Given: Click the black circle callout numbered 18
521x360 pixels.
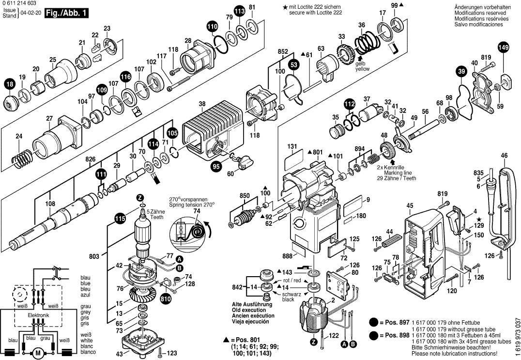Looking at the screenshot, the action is (10, 84).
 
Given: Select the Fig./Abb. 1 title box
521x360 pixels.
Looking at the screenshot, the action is (66, 14).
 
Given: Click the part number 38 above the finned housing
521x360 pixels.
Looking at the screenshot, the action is (202, 104).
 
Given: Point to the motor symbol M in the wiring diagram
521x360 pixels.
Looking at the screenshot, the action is (38, 352).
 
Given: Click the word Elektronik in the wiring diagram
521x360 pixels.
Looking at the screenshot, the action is (38, 315).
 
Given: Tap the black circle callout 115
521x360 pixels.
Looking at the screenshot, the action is (120, 219).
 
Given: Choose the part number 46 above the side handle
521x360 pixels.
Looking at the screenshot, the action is (505, 155).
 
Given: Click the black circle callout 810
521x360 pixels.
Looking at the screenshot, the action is (165, 299).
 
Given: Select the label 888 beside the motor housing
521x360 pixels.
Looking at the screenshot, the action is (288, 256).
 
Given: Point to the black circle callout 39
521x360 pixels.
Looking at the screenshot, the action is (461, 72).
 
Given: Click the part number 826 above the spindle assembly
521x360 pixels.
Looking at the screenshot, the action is (91, 159).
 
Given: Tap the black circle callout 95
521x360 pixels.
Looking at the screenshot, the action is (216, 166).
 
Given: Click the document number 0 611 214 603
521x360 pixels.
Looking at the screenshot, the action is (18, 3).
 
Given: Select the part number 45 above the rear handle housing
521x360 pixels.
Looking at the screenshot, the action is (410, 206).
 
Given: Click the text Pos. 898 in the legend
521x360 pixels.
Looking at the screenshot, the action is (397, 335).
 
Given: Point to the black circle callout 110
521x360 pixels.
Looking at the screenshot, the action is (212, 26).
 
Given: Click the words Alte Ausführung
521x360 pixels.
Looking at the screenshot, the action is (252, 304).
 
